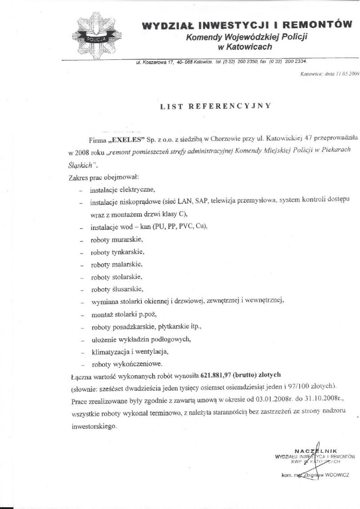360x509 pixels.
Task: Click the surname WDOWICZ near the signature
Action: [x=334, y=474]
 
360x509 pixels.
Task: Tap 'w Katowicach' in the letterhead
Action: [x=245, y=47]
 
